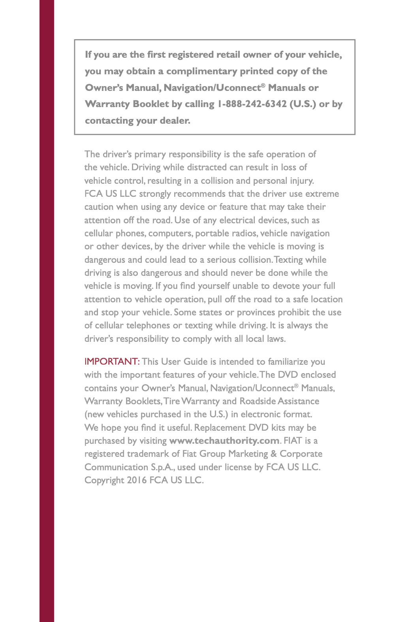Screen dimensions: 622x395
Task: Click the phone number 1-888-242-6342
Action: (252, 104)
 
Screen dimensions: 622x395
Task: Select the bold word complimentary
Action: (201, 72)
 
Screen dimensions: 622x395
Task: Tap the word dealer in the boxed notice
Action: (175, 121)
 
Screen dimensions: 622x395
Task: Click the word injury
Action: (303, 181)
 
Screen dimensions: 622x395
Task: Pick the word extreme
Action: (322, 194)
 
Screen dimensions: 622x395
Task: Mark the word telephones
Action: (148, 326)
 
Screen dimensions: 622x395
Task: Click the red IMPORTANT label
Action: (112, 362)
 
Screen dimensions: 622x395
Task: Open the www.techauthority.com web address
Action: (224, 441)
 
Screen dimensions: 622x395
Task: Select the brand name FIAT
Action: (293, 441)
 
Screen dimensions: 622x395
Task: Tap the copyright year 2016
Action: (137, 481)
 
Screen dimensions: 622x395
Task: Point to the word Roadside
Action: (257, 401)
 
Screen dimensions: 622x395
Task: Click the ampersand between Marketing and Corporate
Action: (273, 454)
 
